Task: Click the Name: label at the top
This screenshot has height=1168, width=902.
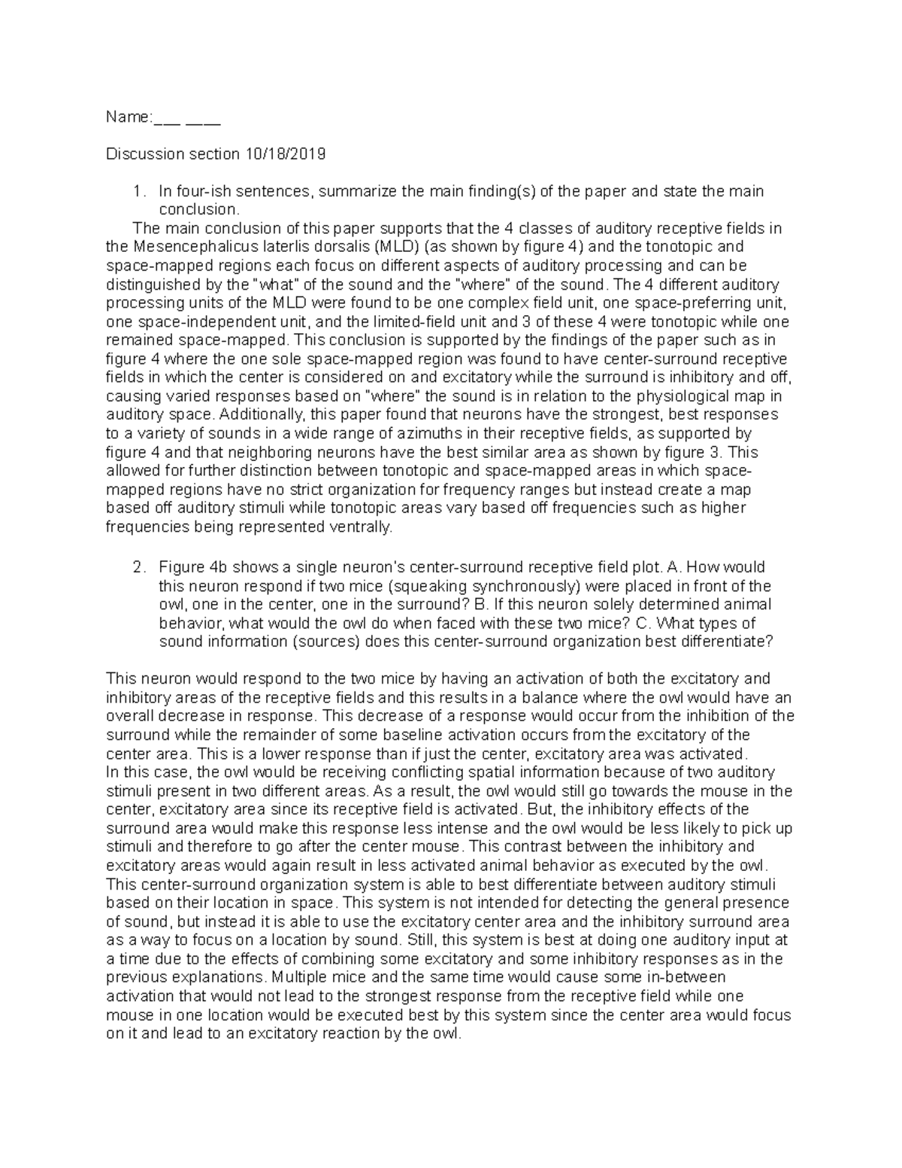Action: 129,117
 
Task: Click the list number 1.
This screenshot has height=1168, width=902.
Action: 137,192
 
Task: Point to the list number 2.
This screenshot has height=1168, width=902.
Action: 137,567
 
